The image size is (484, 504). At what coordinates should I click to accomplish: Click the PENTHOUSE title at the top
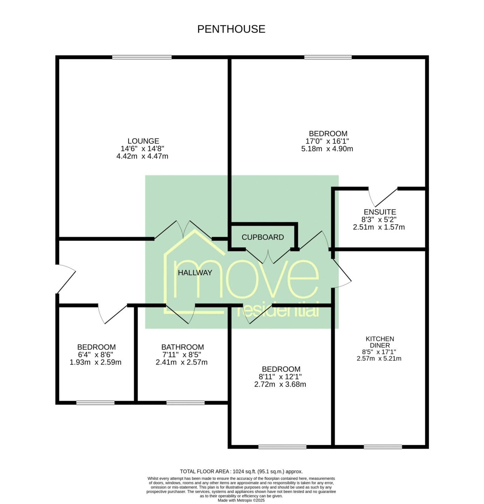231,29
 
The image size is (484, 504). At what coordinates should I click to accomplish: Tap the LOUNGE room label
143,141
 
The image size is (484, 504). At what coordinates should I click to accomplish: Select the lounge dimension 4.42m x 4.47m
142,156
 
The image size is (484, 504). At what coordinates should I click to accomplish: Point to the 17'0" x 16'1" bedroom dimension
327,141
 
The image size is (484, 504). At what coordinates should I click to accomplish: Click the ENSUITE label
380,212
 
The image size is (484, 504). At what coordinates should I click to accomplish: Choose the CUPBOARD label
263,237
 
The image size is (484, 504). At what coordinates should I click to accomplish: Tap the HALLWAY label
195,272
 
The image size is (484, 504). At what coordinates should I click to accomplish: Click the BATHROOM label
182,347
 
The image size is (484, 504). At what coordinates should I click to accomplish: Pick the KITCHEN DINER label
380,342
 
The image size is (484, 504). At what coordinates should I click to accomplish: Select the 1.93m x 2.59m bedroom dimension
95,362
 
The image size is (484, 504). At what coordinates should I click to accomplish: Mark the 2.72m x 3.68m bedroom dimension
280,384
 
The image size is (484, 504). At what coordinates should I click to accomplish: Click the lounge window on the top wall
142,57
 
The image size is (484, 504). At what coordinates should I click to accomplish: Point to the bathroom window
185,403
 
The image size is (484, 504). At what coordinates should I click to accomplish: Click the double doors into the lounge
183,230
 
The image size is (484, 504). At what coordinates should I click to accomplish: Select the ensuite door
383,197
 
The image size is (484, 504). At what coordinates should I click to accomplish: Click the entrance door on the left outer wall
65,279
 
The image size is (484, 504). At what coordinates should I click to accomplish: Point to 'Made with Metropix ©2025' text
241,500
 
